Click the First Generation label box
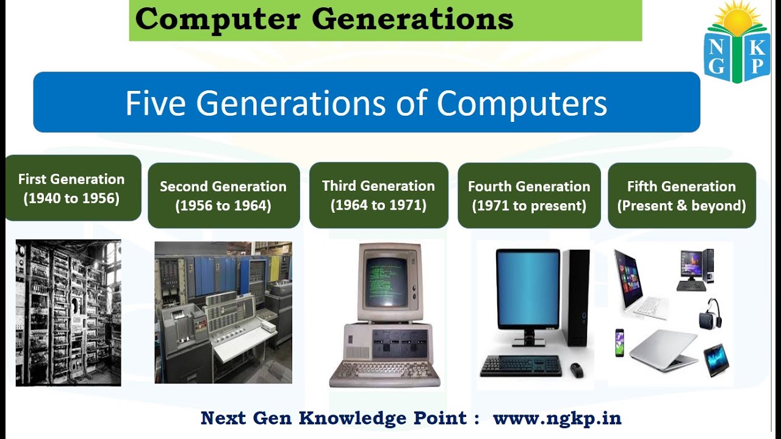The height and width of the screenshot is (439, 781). click(72, 188)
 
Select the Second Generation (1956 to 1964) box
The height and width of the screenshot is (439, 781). click(223, 195)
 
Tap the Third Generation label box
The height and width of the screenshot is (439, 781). click(378, 195)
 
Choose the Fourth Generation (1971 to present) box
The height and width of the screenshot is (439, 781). click(529, 195)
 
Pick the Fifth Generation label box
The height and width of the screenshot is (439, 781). click(682, 195)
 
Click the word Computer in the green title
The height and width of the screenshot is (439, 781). click(217, 20)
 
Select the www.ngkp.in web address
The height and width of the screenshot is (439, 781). click(557, 418)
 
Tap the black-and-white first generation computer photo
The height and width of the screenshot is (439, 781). click(68, 312)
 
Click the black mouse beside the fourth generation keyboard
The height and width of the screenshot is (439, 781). click(576, 369)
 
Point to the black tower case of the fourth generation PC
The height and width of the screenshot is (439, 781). click(575, 297)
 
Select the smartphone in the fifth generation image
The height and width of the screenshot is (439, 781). click(619, 343)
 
